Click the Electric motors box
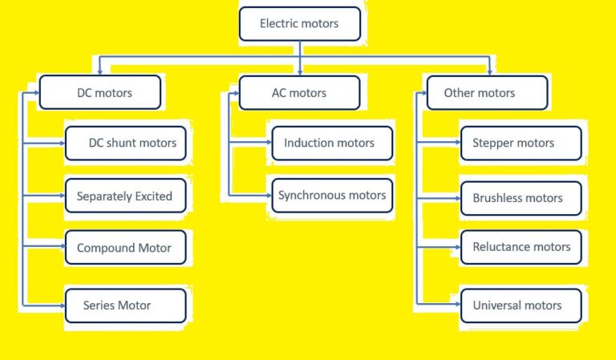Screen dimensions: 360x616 pos(300,23)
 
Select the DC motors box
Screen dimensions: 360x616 pos(100,93)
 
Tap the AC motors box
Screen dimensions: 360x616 pos(299,93)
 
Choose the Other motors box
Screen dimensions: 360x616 pos(487,93)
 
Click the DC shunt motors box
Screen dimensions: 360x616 pos(126,144)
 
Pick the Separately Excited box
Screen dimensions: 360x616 pos(125,196)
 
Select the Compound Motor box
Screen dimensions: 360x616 pos(125,248)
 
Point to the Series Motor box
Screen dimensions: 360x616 pos(125,305)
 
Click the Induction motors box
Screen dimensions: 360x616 pos(332,144)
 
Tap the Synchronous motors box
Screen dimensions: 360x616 pos(332,196)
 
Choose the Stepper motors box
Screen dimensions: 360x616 pos(521,144)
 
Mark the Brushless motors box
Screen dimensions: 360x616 pos(521,198)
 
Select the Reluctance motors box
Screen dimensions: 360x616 pos(521,247)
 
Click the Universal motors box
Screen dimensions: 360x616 pos(521,305)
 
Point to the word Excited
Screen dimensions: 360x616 pos(154,196)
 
